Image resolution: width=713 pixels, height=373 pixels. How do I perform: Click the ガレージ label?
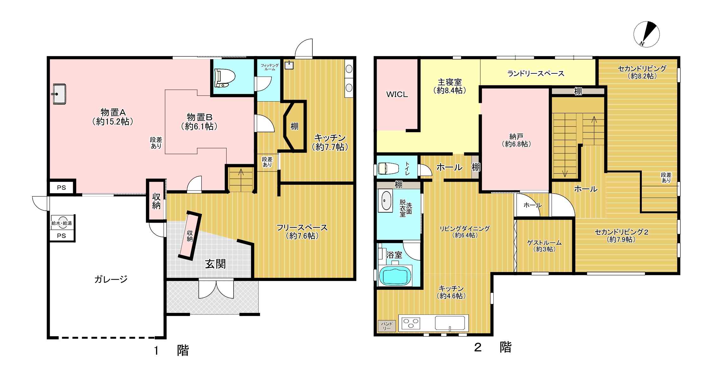[111, 279]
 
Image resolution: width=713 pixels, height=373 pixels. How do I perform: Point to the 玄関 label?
[216, 264]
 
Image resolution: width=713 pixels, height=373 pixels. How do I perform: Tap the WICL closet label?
[397, 94]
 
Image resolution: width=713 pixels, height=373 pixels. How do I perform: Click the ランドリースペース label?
[536, 73]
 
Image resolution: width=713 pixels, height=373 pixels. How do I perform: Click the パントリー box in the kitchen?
[387, 326]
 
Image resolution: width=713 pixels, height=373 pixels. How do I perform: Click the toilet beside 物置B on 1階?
[225, 78]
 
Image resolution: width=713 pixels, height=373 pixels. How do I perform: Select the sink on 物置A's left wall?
[59, 94]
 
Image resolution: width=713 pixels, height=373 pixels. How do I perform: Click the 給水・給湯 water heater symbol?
[61, 223]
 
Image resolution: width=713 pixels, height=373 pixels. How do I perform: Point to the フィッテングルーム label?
[270, 67]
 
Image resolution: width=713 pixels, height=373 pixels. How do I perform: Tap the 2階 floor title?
[492, 347]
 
